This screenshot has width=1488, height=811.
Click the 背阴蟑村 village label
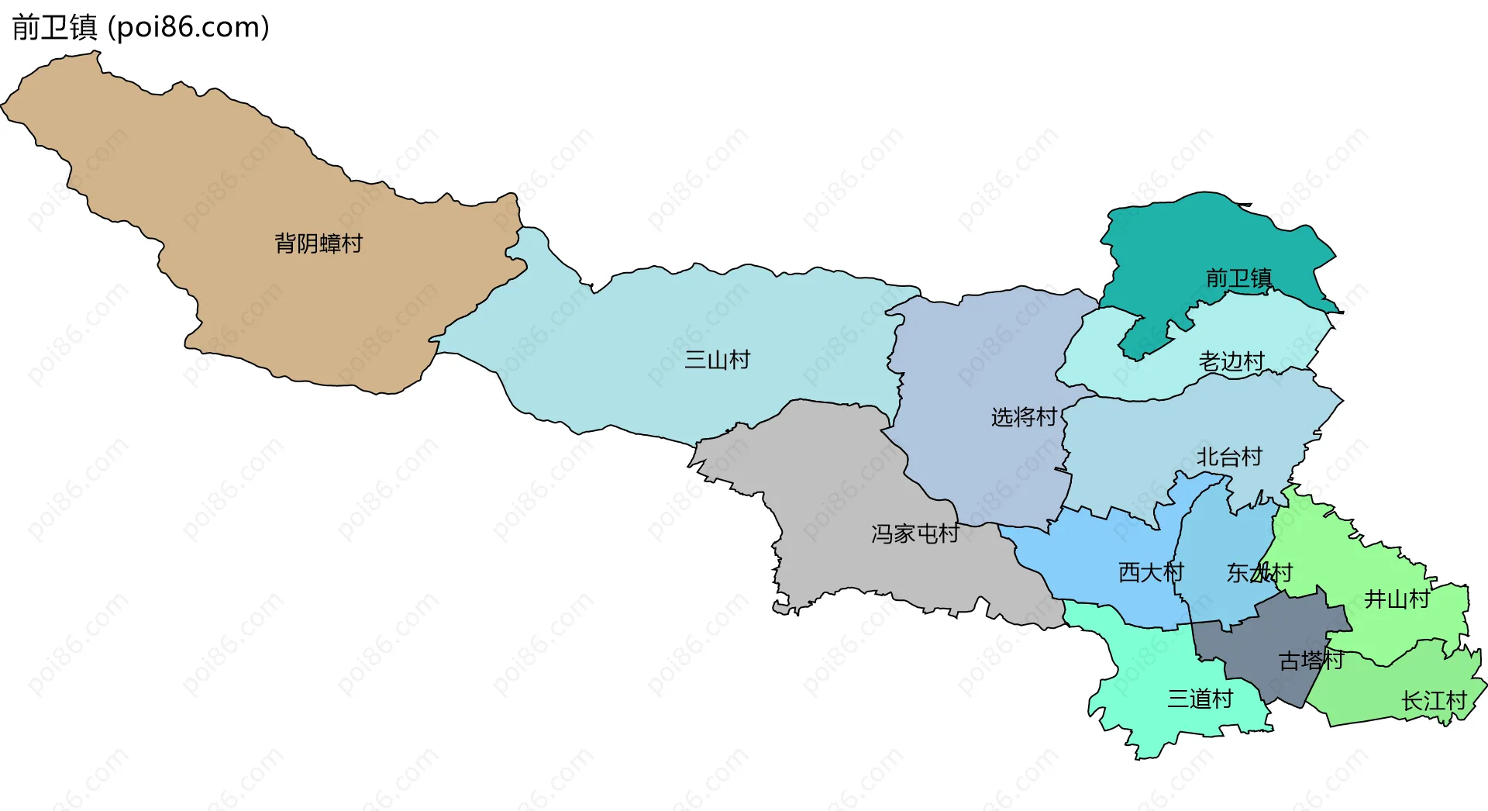(x=319, y=243)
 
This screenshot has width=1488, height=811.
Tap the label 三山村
(x=717, y=360)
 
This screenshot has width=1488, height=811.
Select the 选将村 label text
(x=1024, y=417)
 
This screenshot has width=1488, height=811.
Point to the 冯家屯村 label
(x=914, y=533)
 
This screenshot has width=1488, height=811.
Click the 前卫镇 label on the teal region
(x=1238, y=278)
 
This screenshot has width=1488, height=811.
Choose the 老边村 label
(x=1231, y=361)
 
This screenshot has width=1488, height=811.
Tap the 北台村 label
(x=1229, y=457)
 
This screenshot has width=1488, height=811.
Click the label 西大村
(x=1151, y=572)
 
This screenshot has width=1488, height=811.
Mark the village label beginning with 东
(x=1259, y=573)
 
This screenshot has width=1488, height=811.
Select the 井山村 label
(x=1397, y=599)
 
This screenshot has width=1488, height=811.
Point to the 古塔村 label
(x=1311, y=661)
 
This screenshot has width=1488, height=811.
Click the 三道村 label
(x=1200, y=699)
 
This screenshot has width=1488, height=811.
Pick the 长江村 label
(x=1434, y=701)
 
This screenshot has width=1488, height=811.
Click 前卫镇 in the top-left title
(x=54, y=28)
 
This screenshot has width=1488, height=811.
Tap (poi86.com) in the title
(x=188, y=28)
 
